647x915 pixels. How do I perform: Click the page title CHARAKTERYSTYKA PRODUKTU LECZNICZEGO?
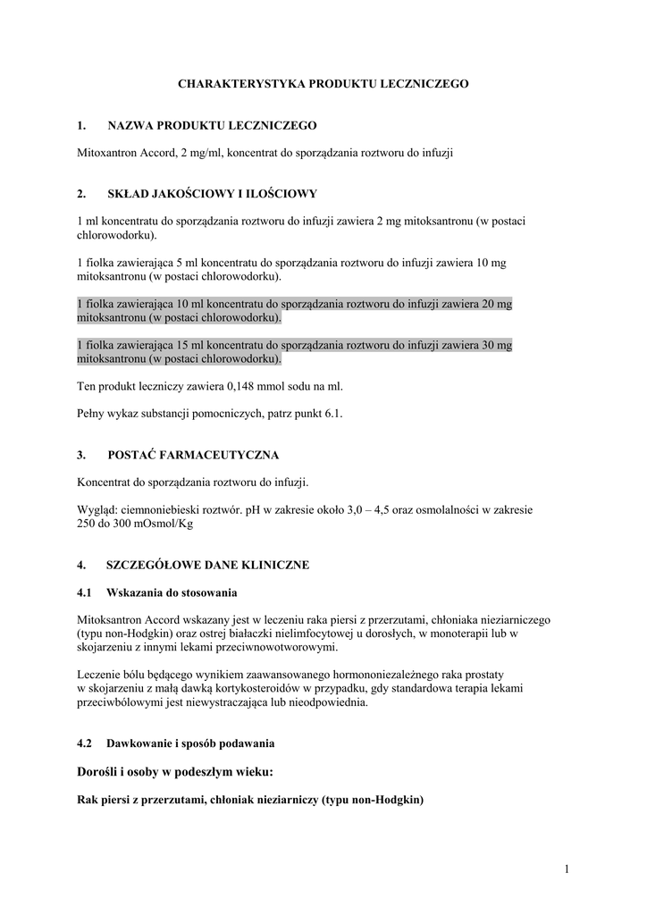coord(323,83)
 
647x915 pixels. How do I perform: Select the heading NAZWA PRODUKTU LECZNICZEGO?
coord(212,126)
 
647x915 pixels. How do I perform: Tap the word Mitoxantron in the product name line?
coord(106,153)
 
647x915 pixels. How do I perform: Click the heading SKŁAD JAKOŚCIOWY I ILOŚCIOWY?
coord(212,193)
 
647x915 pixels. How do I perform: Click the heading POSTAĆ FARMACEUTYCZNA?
coord(193,455)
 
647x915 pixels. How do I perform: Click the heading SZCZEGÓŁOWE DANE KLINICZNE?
coord(207,566)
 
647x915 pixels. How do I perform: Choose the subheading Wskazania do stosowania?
coord(172,592)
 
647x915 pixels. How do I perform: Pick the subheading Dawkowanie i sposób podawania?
coord(189,743)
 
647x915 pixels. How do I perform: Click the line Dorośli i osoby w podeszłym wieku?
coord(175,771)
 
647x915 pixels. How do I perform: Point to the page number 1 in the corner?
coord(567,869)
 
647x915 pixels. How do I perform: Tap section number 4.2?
coord(86,743)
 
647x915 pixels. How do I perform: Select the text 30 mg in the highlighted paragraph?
coord(497,345)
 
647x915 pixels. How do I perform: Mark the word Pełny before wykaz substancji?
coord(93,414)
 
